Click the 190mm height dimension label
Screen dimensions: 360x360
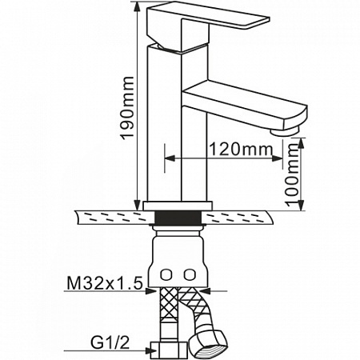[127, 108]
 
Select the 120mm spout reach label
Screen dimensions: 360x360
[241, 150]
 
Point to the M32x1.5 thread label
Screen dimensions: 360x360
[105, 283]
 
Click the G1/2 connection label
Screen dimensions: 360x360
[110, 342]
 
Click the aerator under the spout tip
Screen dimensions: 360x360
[284, 131]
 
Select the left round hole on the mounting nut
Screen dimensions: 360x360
[166, 274]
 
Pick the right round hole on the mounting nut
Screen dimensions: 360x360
[190, 274]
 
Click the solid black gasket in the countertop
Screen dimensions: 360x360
[178, 218]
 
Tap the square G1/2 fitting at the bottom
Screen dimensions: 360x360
[169, 350]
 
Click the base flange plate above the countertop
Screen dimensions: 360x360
[178, 206]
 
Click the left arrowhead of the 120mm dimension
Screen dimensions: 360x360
[170, 158]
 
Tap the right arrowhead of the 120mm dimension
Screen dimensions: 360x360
[278, 158]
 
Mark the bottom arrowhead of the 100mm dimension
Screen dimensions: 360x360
[301, 206]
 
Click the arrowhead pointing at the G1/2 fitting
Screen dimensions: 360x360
[148, 350]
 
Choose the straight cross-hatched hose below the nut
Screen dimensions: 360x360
[168, 314]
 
